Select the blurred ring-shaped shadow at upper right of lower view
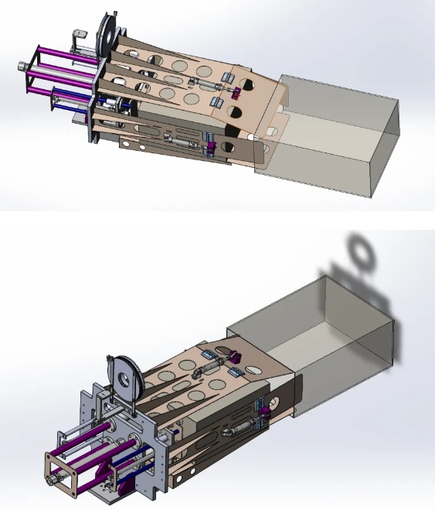360,252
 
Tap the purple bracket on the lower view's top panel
233,358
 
